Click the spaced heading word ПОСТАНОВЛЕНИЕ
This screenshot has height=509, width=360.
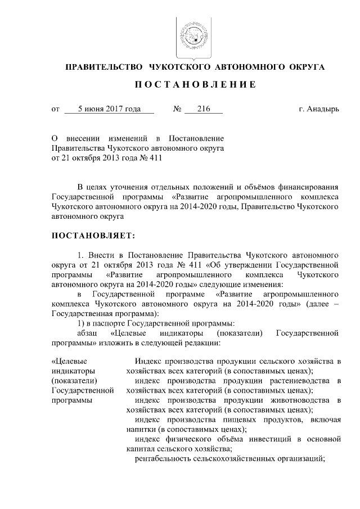click(x=195, y=84)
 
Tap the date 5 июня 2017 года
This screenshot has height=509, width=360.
click(x=109, y=109)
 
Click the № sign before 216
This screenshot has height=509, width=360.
click(x=177, y=109)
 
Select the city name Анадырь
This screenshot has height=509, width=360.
click(x=323, y=109)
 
